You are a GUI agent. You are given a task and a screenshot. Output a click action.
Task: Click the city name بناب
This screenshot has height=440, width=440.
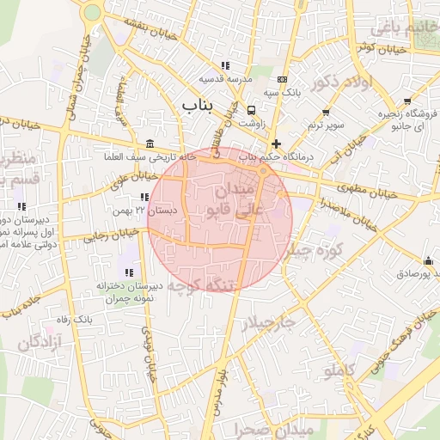[x=197, y=104]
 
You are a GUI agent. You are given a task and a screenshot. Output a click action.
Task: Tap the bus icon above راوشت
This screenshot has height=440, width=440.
[x=252, y=111]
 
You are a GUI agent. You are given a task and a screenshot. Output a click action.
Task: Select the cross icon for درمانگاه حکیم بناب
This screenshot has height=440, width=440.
[x=276, y=144]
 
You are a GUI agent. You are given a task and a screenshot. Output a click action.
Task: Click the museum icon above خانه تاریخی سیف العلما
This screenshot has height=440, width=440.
[x=150, y=144]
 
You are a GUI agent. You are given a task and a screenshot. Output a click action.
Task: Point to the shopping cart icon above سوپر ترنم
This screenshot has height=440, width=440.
[x=326, y=113]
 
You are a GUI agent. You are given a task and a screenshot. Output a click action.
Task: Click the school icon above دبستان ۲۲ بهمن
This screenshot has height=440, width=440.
[x=145, y=198]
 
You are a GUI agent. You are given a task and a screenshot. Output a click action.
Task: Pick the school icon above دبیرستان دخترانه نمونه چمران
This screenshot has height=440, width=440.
[x=128, y=272]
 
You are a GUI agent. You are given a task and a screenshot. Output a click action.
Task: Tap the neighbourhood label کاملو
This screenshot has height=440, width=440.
[x=339, y=370]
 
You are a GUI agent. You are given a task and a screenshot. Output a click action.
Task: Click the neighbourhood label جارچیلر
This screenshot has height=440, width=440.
[x=267, y=324]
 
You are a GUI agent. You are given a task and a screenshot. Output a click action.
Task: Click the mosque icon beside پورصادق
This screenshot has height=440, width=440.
[x=428, y=261]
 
